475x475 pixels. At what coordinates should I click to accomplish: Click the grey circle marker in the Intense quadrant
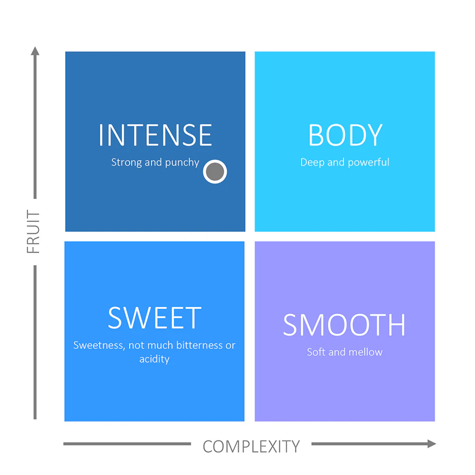(215, 171)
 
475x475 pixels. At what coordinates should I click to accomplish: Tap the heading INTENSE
(155, 135)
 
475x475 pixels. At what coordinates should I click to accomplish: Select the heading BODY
(345, 135)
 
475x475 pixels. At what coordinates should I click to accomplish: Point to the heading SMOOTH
(344, 325)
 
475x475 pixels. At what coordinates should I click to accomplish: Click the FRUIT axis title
(33, 232)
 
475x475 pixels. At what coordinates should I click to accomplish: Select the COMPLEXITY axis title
(251, 446)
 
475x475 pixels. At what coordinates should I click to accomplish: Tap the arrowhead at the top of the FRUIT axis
(35, 51)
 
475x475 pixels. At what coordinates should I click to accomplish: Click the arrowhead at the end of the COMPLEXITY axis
(432, 444)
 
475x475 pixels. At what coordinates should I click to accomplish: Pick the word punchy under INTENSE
(182, 162)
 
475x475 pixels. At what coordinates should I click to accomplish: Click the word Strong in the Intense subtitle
(127, 162)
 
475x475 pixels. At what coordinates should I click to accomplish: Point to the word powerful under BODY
(369, 162)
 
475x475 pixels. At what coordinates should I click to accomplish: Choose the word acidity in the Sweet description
(154, 359)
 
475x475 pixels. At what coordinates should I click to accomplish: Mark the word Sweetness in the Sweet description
(99, 345)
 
